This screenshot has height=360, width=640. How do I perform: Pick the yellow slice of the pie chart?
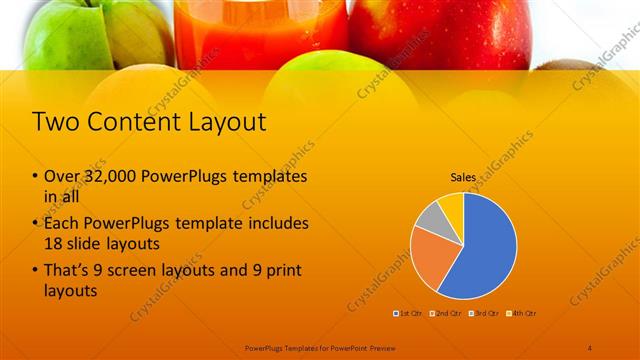[451, 204]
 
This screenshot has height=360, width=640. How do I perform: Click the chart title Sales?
[462, 177]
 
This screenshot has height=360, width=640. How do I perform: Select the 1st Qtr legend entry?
[408, 314]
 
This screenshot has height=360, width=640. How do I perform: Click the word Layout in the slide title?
[220, 123]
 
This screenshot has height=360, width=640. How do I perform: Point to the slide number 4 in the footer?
[589, 347]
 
